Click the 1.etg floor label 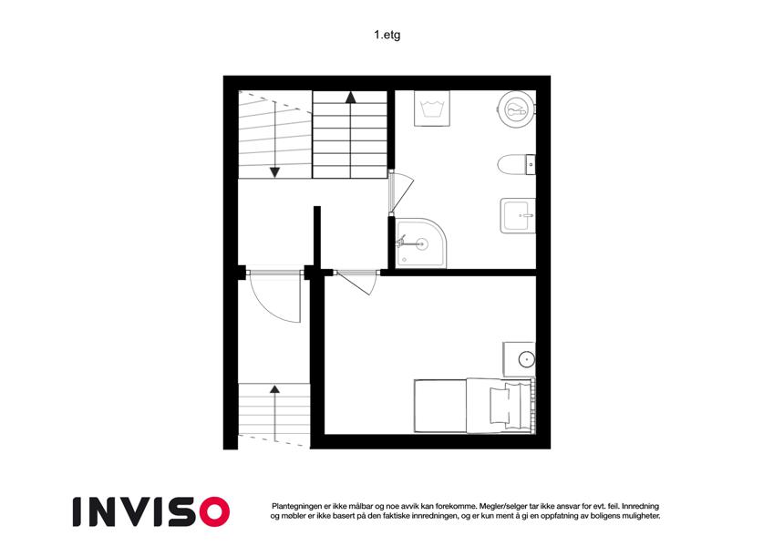click(x=387, y=35)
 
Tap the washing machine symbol click(x=432, y=108)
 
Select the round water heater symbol click(x=515, y=109)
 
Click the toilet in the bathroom click(x=516, y=165)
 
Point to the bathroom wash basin click(x=518, y=215)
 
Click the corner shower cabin click(x=421, y=243)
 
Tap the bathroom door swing click(x=402, y=192)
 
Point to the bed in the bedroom click(x=475, y=406)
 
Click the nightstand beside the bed click(x=520, y=359)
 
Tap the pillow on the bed click(x=499, y=405)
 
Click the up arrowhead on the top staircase click(x=350, y=98)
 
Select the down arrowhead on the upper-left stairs click(x=274, y=172)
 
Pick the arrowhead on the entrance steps click(x=274, y=389)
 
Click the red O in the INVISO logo click(x=214, y=511)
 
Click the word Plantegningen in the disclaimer click(x=296, y=506)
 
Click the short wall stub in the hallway click(x=317, y=237)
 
